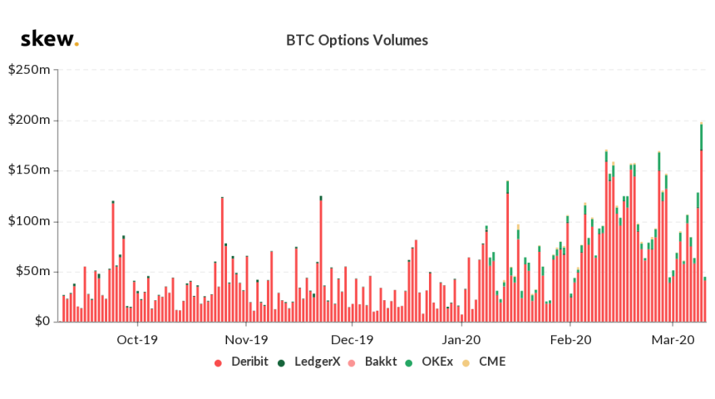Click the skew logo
point(49,38)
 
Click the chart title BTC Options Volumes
point(357,40)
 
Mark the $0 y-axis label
point(40,322)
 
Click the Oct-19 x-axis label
point(137,339)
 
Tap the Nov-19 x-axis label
point(247,339)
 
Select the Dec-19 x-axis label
point(352,339)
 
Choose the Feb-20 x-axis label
point(570,339)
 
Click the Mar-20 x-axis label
point(673,339)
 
